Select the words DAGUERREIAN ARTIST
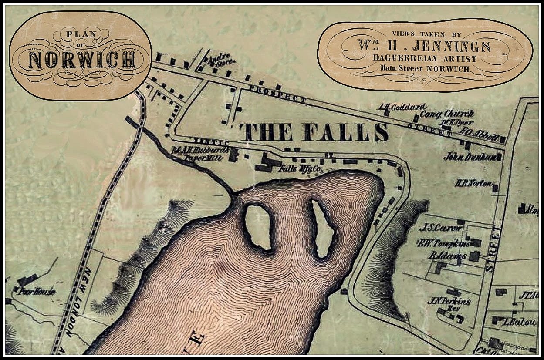(425, 59)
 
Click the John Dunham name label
(470, 157)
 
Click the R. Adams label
(447, 256)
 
